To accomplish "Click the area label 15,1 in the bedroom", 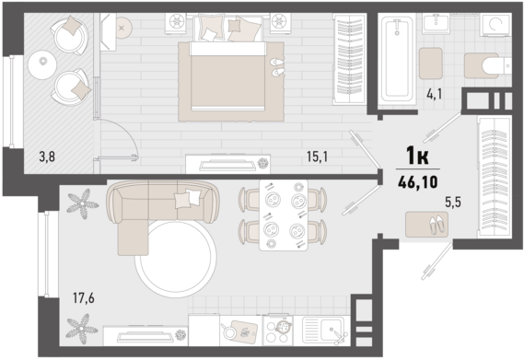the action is click(317, 157).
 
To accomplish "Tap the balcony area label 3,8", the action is click(47, 157).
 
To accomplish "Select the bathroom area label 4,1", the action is click(434, 94).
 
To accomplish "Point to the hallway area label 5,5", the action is click(453, 202).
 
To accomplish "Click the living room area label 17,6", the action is click(84, 297).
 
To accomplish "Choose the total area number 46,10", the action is click(418, 182).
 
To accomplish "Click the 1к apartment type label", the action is click(417, 157).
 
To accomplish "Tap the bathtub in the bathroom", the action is click(397, 60).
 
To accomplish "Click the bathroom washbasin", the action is click(436, 23).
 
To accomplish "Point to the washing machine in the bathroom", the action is click(495, 25).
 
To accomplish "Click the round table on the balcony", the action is click(42, 64).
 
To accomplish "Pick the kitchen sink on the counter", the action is click(322, 331).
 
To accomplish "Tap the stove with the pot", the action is click(278, 331).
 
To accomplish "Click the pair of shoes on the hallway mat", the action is click(437, 224).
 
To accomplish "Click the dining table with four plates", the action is click(284, 215).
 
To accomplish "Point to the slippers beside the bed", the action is click(277, 67).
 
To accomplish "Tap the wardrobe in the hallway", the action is click(495, 177).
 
